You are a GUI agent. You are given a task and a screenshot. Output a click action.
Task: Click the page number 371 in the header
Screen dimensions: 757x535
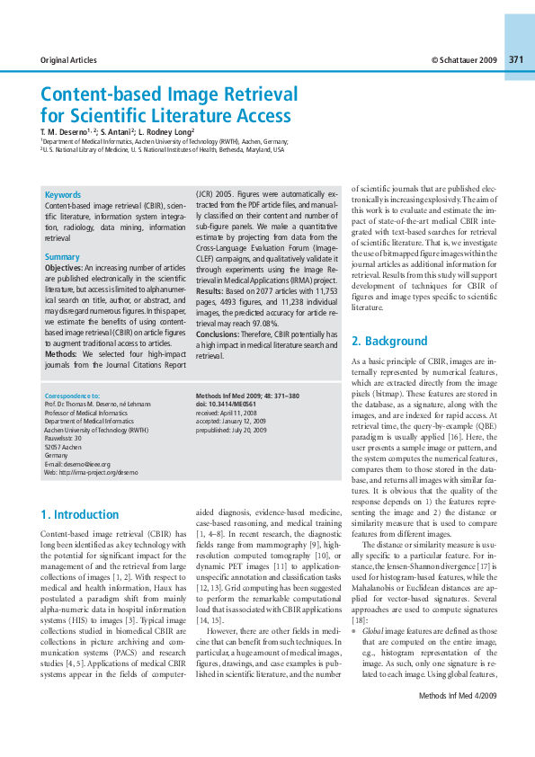(x=516, y=60)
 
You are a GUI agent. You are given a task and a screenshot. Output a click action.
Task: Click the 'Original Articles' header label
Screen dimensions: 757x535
(x=68, y=60)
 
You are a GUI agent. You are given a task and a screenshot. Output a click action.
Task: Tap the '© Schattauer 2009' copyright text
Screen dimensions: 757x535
(x=464, y=60)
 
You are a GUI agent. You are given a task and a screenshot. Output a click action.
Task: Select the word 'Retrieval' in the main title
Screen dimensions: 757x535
(x=257, y=94)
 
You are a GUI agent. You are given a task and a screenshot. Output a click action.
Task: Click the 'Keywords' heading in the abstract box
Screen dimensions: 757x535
(x=63, y=194)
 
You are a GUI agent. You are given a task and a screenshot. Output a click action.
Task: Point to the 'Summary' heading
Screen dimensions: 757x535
(x=62, y=257)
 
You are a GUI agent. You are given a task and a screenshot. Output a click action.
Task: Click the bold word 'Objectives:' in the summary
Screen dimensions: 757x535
(x=64, y=268)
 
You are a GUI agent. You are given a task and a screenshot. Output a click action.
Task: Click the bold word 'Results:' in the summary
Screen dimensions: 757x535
(x=212, y=292)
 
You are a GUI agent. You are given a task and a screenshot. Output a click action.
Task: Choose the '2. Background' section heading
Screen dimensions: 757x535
(x=388, y=342)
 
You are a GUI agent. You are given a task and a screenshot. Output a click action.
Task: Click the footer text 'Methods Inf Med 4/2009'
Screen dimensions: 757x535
(x=482, y=722)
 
